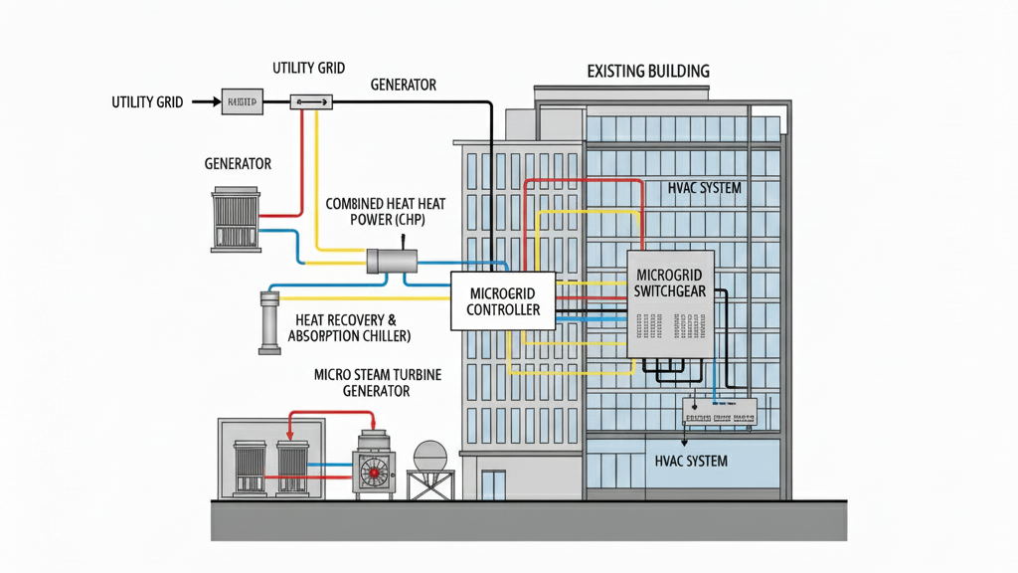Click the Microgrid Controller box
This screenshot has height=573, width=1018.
pos(503,300)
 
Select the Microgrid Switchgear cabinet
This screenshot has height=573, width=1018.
pos(670,303)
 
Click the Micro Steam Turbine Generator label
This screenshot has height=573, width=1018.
pos(362,383)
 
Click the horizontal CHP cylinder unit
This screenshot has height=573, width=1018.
pos(392,261)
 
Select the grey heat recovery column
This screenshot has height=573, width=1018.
pos(269,322)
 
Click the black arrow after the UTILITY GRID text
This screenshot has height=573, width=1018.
pos(204,101)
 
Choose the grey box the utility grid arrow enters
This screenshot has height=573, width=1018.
pos(242,101)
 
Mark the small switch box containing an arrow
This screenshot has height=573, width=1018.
pos(311,101)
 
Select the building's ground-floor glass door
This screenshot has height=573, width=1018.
pos(493,484)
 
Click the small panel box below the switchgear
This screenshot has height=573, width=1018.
pos(718,412)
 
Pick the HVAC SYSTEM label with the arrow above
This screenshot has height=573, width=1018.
pos(692,462)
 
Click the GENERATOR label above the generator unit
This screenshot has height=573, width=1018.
pos(238,163)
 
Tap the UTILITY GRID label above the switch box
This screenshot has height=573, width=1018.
pos(308,68)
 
